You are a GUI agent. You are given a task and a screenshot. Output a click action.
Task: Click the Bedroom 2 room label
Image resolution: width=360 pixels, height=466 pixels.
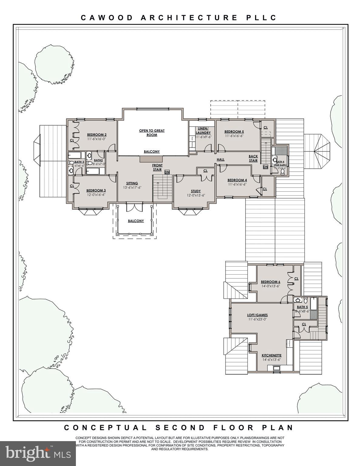point(97,135)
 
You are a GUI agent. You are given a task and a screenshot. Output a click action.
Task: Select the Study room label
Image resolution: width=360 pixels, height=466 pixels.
point(196,191)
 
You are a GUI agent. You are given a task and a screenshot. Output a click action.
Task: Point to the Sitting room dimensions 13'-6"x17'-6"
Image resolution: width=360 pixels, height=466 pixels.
point(132,187)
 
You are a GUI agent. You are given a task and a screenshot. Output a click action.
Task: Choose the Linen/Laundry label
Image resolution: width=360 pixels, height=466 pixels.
point(203,130)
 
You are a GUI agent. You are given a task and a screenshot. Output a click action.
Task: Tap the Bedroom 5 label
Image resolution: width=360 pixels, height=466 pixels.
point(234,132)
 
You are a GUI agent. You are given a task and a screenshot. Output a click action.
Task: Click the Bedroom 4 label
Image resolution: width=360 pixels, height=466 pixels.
point(237,180)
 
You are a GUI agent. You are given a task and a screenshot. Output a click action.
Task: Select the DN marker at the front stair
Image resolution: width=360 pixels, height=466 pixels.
point(167,172)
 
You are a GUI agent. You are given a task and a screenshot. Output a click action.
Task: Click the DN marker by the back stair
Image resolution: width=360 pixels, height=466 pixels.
point(266,167)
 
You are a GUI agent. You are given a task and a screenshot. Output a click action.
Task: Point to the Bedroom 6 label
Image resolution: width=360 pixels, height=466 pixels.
point(270,282)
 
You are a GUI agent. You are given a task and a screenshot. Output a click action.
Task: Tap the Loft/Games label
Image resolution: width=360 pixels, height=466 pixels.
point(257,315)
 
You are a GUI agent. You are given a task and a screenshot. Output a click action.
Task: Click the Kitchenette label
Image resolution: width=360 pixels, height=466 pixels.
point(272,355)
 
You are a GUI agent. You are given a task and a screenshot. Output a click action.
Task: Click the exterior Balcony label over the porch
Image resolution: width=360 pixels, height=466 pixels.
point(136,221)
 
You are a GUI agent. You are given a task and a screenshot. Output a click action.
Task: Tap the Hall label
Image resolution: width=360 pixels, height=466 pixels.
point(221,160)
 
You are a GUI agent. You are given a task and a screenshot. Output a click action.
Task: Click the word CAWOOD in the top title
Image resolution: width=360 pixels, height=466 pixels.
point(107,18)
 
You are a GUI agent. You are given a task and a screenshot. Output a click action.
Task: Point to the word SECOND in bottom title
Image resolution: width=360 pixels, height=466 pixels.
point(180,428)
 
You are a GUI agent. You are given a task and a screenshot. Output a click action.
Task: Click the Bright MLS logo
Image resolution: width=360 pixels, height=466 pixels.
point(38,453)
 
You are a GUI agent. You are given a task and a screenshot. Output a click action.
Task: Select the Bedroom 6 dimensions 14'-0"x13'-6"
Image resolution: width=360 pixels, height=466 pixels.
point(270,286)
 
